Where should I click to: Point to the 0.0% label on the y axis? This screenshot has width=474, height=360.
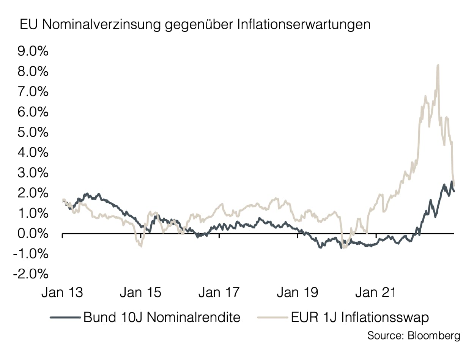33,234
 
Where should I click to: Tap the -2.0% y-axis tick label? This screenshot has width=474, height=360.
31,274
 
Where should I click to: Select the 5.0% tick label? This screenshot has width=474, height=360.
33,132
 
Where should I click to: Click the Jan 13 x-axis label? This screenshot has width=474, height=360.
62,293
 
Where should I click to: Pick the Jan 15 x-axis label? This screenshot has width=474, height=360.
141,293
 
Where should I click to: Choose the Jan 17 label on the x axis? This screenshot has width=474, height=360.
219,293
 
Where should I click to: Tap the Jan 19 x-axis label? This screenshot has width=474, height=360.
298,293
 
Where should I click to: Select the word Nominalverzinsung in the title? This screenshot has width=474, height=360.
100,25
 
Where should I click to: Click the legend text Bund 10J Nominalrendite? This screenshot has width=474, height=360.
162,317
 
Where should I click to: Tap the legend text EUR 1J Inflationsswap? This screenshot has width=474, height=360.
360,317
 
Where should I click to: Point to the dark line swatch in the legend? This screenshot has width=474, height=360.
65,317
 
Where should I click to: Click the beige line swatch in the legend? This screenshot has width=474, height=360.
272,317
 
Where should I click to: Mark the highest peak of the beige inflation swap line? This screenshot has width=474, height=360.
438,65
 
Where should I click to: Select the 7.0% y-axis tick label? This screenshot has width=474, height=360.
33,92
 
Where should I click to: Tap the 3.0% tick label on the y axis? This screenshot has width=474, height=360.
33,173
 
